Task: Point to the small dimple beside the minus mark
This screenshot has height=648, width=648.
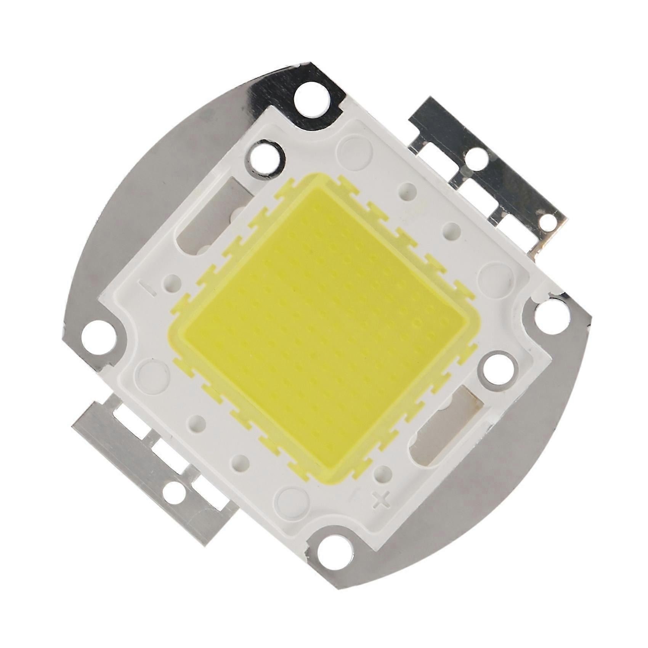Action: pos(172,281)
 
